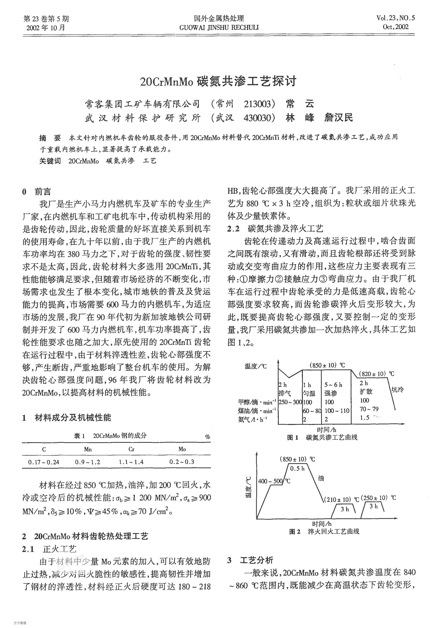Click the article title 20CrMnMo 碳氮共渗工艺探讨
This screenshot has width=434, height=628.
click(218, 82)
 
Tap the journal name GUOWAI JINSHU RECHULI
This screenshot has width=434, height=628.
click(219, 27)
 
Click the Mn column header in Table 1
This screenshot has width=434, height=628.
click(88, 449)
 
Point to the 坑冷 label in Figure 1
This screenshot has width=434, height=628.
click(397, 390)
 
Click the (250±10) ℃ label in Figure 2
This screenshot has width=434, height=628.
click(380, 498)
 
